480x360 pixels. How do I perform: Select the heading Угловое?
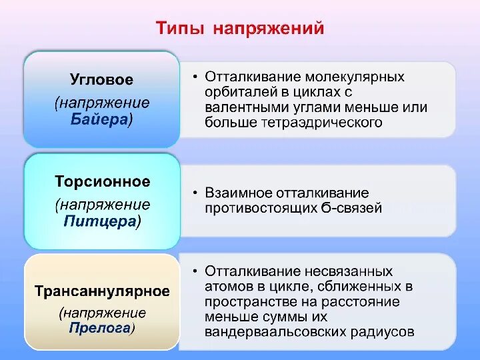point(101,80)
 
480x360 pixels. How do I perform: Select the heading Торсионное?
point(102,181)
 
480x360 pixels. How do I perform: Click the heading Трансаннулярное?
point(102,291)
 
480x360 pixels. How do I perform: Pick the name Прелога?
point(100,327)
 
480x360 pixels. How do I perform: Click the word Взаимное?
point(237,193)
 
